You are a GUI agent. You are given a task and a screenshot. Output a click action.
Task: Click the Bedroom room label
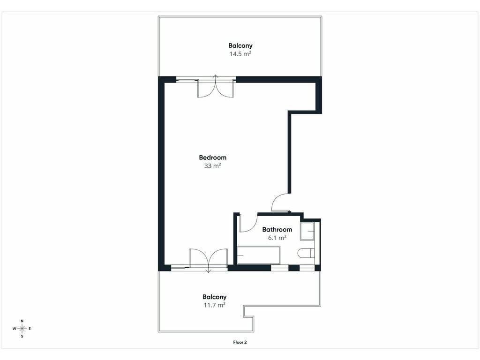click(x=212, y=157)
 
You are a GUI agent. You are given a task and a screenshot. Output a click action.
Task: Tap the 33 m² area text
click(x=212, y=166)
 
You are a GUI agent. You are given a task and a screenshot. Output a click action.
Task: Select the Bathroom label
click(x=277, y=230)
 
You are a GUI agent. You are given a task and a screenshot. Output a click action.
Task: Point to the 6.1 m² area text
click(x=277, y=238)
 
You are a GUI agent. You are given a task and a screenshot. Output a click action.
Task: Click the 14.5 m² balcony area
click(x=240, y=54)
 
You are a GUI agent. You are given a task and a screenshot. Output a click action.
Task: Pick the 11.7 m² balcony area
click(x=214, y=305)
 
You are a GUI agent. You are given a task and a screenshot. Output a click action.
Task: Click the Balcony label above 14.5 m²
click(x=240, y=45)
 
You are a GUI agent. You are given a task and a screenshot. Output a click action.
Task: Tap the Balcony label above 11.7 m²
click(x=214, y=297)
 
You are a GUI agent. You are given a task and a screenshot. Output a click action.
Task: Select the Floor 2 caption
click(x=240, y=342)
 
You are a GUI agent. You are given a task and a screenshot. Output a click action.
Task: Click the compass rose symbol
click(x=22, y=329)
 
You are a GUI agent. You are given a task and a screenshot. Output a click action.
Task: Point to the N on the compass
click(x=22, y=321)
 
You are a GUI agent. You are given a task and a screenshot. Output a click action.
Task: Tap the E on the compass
click(x=30, y=329)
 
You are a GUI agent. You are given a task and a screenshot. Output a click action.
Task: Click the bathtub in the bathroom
click(x=259, y=255)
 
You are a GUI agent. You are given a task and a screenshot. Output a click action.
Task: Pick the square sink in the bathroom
click(x=307, y=231)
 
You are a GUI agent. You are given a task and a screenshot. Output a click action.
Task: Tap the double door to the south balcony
click(x=208, y=260)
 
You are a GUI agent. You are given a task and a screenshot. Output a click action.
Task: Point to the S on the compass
click(x=22, y=336)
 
